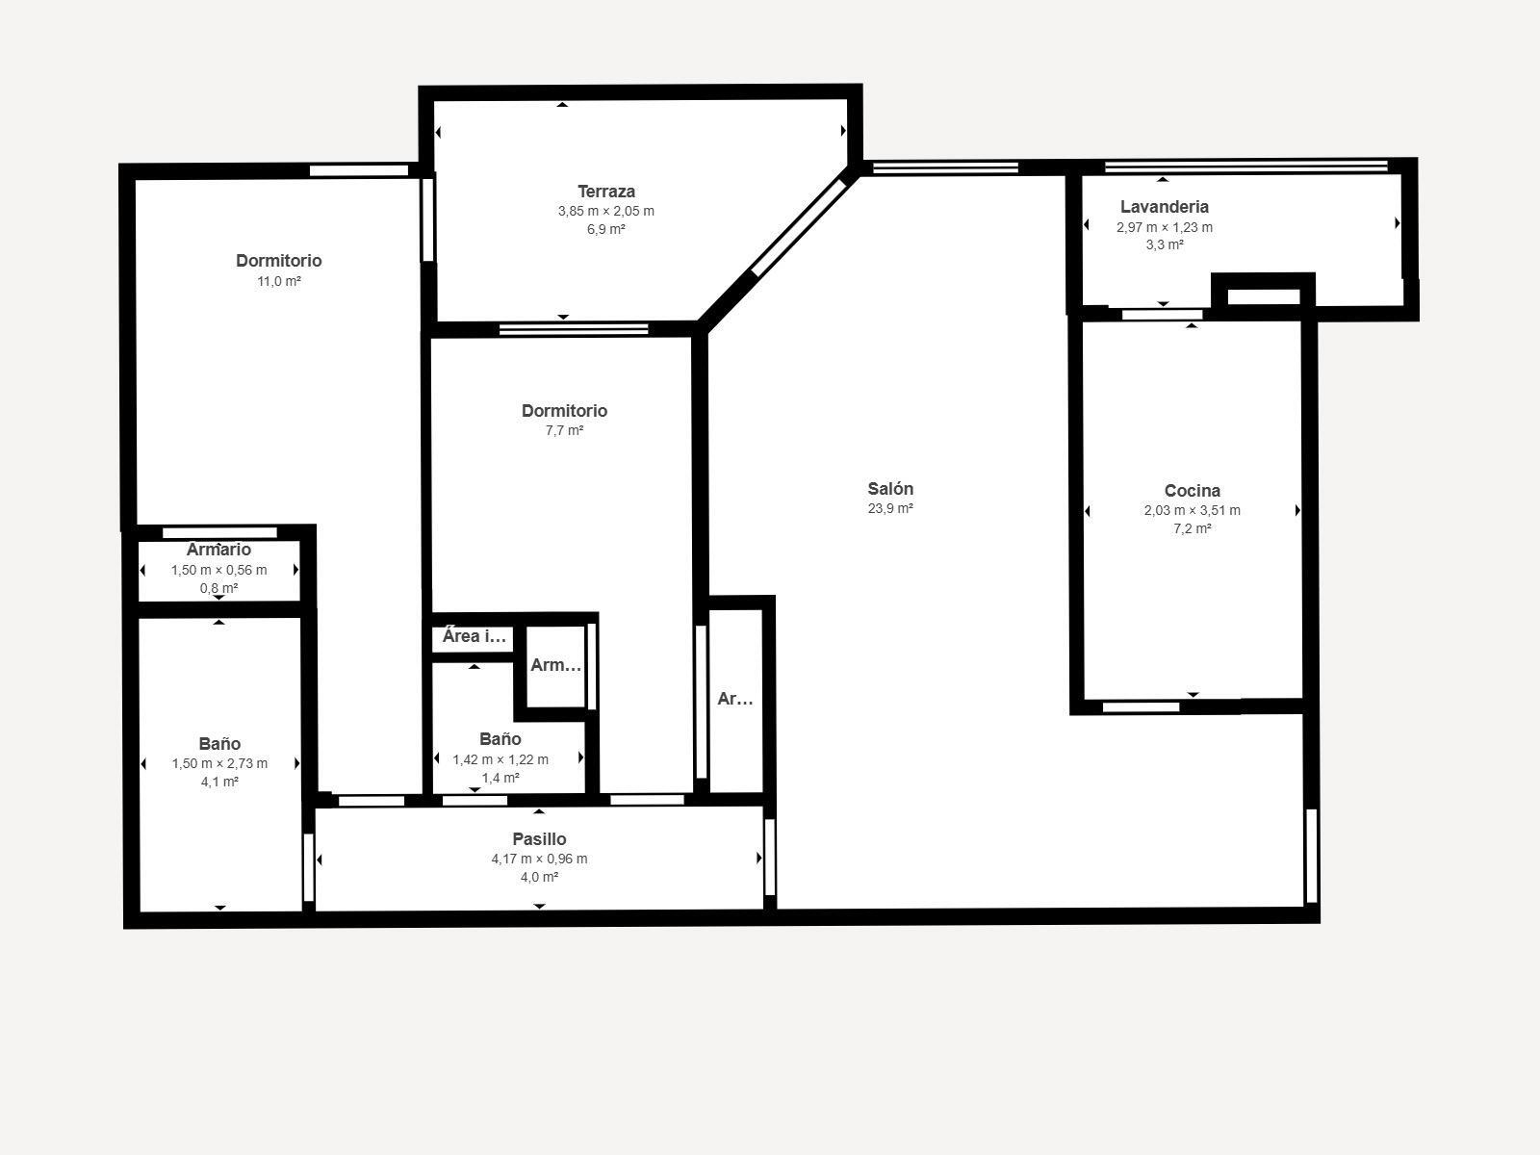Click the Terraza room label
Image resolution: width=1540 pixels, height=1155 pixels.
606,192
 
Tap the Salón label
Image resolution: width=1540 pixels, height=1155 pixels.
890,489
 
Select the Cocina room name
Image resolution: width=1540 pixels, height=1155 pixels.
1192,491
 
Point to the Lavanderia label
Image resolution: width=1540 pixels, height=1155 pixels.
1165,207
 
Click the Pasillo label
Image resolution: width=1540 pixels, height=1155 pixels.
539,839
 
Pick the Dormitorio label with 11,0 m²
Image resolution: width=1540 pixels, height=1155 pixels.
279,261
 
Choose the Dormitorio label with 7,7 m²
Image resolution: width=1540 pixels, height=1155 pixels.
564,411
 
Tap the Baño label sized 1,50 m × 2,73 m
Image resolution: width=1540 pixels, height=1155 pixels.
219,744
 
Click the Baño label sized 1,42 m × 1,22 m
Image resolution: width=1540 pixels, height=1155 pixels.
500,739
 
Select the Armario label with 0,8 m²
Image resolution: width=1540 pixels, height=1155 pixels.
218,550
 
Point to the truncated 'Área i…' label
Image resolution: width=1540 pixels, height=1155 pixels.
474,636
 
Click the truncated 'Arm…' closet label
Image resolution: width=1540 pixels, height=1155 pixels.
556,665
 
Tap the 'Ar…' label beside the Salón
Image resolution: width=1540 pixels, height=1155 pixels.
735,700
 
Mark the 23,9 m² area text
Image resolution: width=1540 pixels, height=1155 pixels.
890,509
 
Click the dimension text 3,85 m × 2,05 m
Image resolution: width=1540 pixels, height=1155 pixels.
606,211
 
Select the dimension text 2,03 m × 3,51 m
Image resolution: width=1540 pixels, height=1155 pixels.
1192,511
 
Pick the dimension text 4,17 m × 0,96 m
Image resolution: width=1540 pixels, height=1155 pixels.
539,860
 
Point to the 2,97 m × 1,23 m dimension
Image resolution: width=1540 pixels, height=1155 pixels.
1165,228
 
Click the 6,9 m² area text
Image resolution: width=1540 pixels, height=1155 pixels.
606,229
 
